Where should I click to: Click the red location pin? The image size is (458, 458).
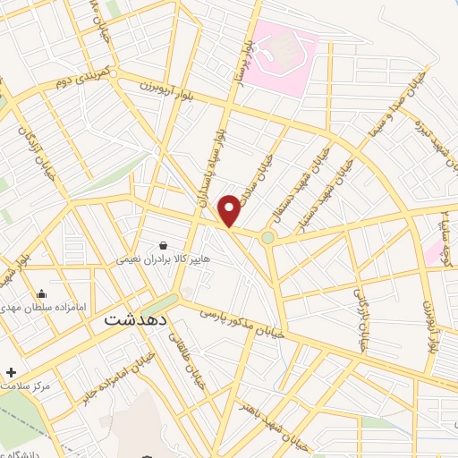tap(230, 210)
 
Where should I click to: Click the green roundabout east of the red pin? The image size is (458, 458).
tap(267, 237)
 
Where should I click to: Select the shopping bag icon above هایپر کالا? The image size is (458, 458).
tap(163, 244)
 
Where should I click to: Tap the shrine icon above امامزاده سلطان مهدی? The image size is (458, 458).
tap(40, 293)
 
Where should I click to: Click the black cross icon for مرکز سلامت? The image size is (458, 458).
tap(11, 371)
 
